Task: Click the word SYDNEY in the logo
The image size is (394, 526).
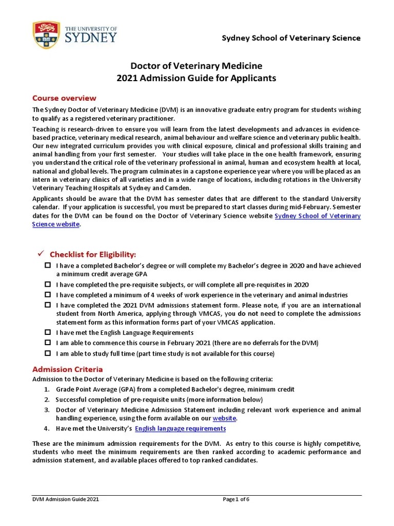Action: click(91, 38)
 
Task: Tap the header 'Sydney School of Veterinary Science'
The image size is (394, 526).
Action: click(290, 38)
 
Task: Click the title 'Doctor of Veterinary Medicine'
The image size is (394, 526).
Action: click(196, 66)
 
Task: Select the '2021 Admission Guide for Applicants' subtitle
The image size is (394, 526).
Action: click(196, 78)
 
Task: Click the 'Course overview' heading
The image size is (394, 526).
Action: click(64, 98)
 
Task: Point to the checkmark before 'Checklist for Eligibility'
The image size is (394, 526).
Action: click(42, 254)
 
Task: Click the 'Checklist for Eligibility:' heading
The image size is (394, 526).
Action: click(92, 255)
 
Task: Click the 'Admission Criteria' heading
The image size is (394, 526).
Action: click(67, 369)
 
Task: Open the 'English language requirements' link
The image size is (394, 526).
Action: click(180, 428)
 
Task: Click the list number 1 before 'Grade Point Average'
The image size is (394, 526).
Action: click(46, 389)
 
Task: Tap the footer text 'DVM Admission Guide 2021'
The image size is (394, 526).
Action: click(66, 499)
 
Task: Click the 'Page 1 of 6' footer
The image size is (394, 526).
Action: click(236, 499)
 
